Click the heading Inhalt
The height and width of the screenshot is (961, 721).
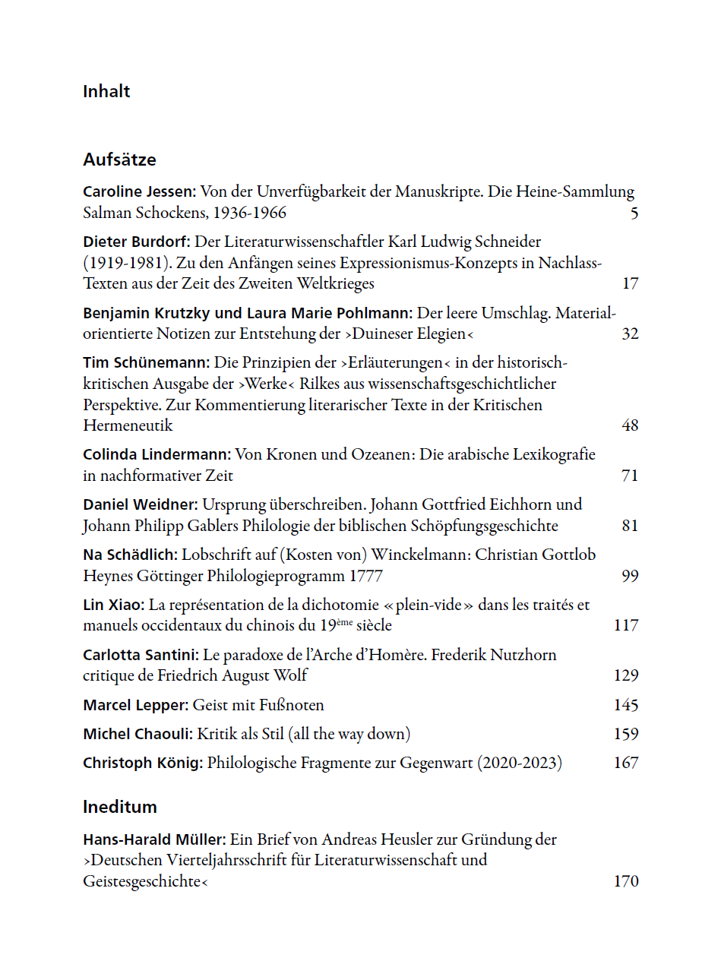(x=106, y=91)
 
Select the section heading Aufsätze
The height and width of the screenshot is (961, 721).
(x=119, y=160)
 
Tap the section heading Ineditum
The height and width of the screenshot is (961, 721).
(x=119, y=807)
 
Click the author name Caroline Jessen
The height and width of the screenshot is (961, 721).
(x=139, y=191)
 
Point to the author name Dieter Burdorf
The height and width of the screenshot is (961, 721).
(x=137, y=242)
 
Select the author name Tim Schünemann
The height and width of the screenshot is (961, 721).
(x=146, y=362)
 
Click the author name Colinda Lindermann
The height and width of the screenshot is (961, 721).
(x=157, y=454)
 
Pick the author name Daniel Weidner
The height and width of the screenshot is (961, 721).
(x=140, y=504)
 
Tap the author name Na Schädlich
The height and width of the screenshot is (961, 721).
(x=130, y=555)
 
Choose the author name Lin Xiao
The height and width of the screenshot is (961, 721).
(x=113, y=605)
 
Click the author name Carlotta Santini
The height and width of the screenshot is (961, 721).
(x=141, y=655)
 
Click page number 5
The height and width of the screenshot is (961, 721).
(x=634, y=213)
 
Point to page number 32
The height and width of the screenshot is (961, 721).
(x=630, y=334)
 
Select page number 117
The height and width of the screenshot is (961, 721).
(x=626, y=626)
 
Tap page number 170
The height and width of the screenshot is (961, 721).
(x=626, y=881)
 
